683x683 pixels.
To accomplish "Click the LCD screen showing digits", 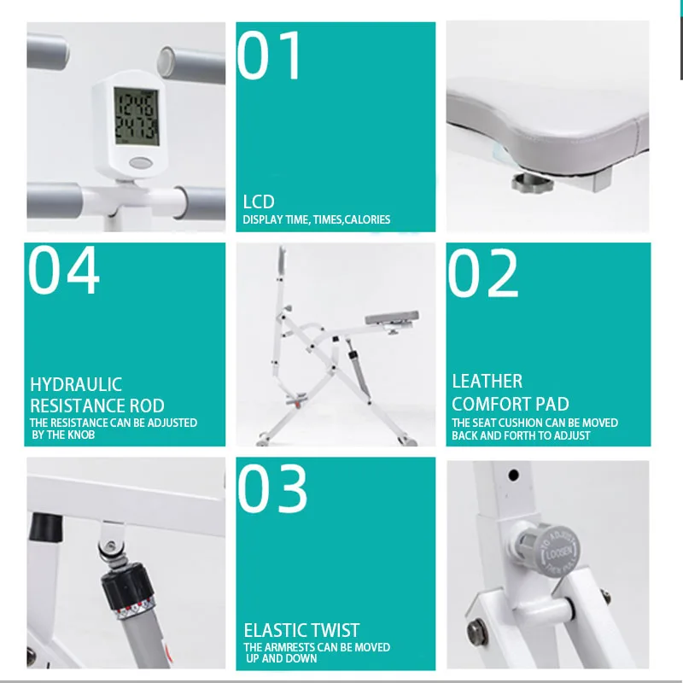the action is pyautogui.click(x=137, y=116).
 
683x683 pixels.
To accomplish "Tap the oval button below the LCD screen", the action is pyautogui.click(x=141, y=163).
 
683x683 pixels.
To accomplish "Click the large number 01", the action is pyautogui.click(x=269, y=55).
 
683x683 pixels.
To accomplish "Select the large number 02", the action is pyautogui.click(x=483, y=273).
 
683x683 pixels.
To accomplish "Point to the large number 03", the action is pyautogui.click(x=272, y=487).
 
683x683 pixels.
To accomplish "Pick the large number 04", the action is pyautogui.click(x=63, y=270).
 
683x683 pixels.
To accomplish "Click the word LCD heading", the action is pyautogui.click(x=259, y=201).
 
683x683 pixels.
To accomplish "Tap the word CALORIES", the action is pyautogui.click(x=367, y=219).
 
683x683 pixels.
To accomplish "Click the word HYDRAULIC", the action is pyautogui.click(x=76, y=385).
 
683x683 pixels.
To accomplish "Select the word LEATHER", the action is pyautogui.click(x=487, y=381).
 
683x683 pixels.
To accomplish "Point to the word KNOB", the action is pyautogui.click(x=79, y=435).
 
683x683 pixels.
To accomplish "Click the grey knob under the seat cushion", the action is pyautogui.click(x=532, y=183).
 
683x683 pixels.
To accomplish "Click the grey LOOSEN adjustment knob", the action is pyautogui.click(x=552, y=551).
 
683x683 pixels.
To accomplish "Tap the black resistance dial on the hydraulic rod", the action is pyautogui.click(x=128, y=585).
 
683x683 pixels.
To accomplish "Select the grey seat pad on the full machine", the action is pyautogui.click(x=392, y=317).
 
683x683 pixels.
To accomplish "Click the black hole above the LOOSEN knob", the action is pyautogui.click(x=514, y=475).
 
